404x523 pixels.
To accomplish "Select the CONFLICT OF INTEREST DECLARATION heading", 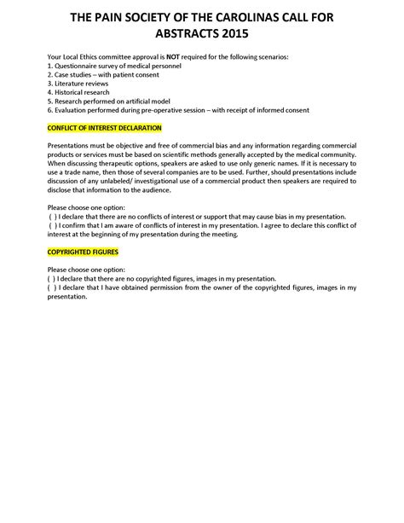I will click(x=92, y=127).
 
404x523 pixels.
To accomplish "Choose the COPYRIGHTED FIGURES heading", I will click(x=83, y=253).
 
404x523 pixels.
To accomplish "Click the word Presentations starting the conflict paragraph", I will click(x=69, y=146).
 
